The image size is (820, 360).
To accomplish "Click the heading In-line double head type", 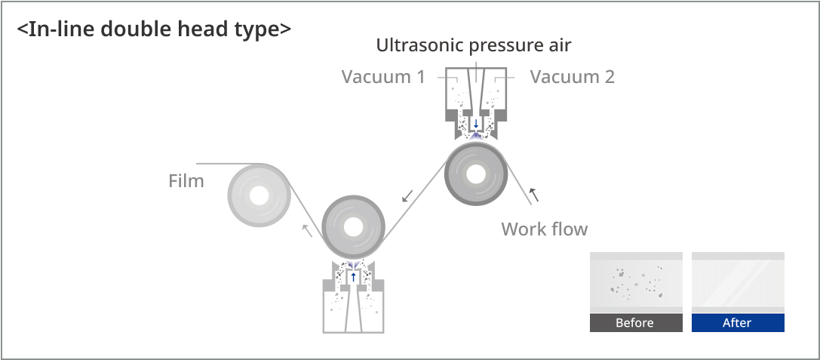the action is pos(155,29).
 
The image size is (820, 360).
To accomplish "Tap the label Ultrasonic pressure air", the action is pos(474,45).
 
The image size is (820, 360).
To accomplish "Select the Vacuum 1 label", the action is pos(383,76).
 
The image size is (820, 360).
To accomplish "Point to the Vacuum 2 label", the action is pos(572,76).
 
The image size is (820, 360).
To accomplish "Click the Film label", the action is pos(186,181).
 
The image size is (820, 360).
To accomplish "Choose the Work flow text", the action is pos(545,229).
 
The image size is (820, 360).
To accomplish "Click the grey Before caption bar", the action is pos(636,323).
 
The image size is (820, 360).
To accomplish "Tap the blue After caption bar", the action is pos(738,323).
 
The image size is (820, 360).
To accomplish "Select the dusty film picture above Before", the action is pos(636,282).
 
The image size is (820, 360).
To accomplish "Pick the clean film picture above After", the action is pos(738,282).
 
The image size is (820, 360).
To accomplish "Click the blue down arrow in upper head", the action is pos(476,124).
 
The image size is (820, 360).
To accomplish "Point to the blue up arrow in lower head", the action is pos(353,277).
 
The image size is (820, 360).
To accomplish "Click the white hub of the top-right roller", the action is pos(475,174).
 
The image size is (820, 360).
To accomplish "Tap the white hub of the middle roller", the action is pos(353,227).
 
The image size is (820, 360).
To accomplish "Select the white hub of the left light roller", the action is pos(259,195).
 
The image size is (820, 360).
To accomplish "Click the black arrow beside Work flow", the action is pos(533,195).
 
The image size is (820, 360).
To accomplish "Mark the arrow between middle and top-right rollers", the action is pos(407,195).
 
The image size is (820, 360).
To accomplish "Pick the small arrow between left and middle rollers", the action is pos(308,230).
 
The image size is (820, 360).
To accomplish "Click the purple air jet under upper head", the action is pos(476,136).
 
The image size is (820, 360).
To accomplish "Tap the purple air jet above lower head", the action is pos(353,265).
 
